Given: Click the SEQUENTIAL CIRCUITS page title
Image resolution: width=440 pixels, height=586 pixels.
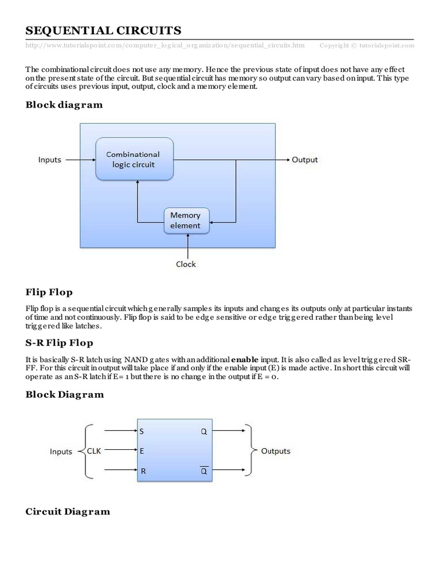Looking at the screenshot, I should point(103,30).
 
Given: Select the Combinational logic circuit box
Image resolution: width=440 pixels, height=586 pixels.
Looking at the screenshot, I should point(135,159).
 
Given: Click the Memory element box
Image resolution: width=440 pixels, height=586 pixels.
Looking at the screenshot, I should point(186,220).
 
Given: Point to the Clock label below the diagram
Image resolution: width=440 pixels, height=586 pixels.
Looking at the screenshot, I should point(186,264).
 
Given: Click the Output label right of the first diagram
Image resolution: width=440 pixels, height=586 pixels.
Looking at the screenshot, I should point(304,160).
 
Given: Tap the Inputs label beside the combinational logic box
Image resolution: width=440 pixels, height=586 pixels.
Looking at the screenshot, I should point(49,160).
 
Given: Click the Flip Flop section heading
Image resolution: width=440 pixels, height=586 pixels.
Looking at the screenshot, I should point(49,292).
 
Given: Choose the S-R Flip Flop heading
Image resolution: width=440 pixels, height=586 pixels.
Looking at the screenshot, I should point(60,343).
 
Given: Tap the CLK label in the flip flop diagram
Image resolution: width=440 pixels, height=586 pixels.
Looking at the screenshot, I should point(94,451).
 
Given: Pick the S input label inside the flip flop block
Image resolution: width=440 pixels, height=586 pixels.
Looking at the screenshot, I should point(142,431).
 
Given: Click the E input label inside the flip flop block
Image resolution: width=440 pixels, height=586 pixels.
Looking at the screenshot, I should point(142,451).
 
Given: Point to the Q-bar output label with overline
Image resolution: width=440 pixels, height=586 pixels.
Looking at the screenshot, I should point(203,471).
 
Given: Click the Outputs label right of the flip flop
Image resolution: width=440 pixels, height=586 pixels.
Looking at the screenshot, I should point(276,451).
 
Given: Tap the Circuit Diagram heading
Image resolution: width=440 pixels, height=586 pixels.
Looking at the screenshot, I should point(68,511).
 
